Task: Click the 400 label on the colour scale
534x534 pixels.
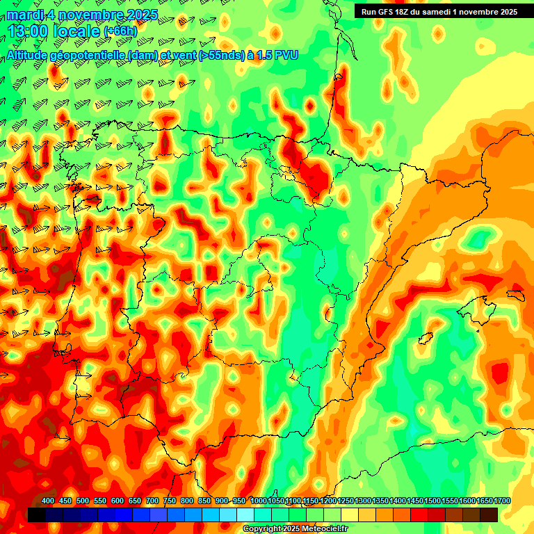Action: coord(48,501)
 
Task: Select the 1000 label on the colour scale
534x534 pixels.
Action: coord(259,501)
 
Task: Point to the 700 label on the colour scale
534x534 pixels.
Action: coord(152,501)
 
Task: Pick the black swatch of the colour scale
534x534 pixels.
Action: coord(37,515)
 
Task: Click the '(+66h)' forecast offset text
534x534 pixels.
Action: coord(120,31)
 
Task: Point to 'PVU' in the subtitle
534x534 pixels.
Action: coord(286,55)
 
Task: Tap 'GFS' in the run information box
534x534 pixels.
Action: coord(388,12)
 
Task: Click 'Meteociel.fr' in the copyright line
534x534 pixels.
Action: coord(323,528)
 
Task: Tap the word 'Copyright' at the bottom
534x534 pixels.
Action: coord(262,528)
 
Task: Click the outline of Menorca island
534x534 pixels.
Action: coord(515,294)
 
